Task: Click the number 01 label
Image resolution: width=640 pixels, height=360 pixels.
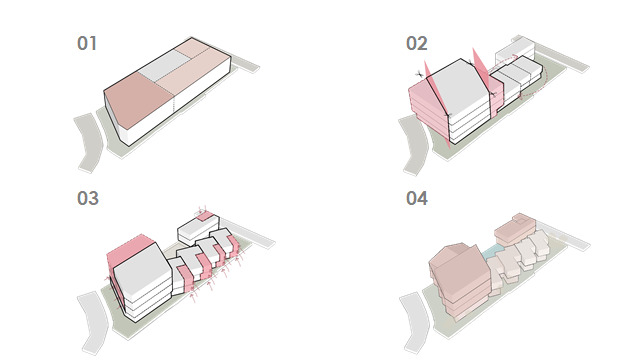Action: (x=87, y=43)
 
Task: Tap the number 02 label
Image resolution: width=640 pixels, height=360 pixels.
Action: (x=417, y=43)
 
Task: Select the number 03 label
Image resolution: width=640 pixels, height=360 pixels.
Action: (x=88, y=198)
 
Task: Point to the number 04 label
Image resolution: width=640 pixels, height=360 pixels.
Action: (x=417, y=198)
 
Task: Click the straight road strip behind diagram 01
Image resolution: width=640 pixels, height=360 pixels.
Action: (x=244, y=64)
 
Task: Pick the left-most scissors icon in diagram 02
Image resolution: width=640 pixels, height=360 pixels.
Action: (x=419, y=74)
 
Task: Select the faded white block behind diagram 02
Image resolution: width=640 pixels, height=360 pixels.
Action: (x=515, y=51)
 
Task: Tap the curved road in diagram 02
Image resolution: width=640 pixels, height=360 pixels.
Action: (x=415, y=146)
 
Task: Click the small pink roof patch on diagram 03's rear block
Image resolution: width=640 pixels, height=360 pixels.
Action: (x=206, y=216)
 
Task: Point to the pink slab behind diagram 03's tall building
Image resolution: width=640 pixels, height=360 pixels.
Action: (x=127, y=248)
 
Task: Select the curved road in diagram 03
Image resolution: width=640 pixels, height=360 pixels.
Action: (x=93, y=322)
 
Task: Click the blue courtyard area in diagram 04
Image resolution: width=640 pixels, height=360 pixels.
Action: (x=491, y=251)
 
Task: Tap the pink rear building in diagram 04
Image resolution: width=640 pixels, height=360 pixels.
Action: (x=515, y=229)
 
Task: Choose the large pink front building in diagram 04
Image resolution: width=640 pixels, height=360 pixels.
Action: (x=460, y=280)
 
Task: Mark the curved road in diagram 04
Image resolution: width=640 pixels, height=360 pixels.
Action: (x=416, y=322)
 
